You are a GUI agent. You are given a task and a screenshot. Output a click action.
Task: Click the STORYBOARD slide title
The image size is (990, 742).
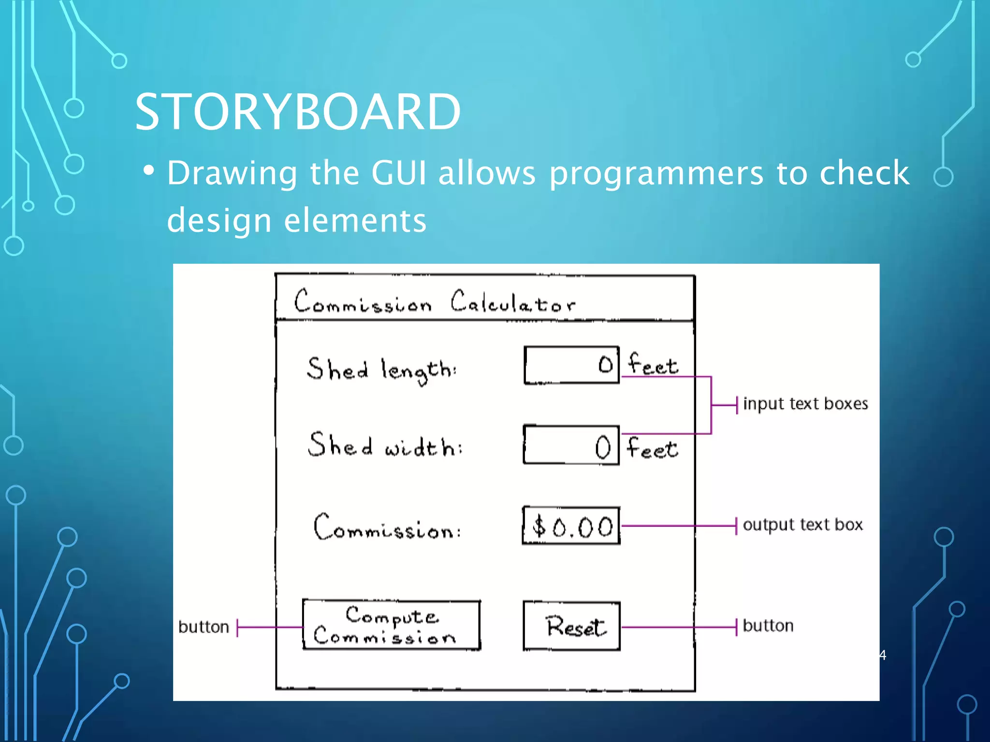(297, 112)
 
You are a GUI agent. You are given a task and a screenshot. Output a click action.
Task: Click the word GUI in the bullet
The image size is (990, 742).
(399, 173)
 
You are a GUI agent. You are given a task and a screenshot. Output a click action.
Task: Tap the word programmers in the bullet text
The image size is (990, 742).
(656, 174)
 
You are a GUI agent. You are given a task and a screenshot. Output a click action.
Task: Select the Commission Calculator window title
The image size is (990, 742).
(435, 302)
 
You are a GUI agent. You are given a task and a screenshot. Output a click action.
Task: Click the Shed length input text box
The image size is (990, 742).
(571, 365)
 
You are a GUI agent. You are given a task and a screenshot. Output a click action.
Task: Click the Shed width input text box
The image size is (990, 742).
(571, 445)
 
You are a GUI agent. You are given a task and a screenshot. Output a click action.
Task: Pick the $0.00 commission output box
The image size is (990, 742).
(571, 526)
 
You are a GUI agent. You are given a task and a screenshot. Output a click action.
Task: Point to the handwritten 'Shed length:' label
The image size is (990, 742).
(381, 371)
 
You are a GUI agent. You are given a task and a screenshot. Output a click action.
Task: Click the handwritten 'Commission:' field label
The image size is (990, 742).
(387, 528)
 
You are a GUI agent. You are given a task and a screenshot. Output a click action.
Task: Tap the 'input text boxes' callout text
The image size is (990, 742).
(805, 404)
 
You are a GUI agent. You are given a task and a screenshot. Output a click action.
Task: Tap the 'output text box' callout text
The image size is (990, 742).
(802, 525)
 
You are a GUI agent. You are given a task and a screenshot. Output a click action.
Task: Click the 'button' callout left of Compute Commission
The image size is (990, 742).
(204, 627)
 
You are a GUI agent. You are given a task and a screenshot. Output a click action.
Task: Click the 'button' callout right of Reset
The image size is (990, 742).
(768, 626)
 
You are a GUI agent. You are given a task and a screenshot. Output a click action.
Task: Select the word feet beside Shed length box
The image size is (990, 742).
(653, 364)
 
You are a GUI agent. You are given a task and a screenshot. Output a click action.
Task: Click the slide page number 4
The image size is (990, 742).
(883, 656)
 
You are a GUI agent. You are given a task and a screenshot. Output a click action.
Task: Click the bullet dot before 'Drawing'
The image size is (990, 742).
(149, 171)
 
